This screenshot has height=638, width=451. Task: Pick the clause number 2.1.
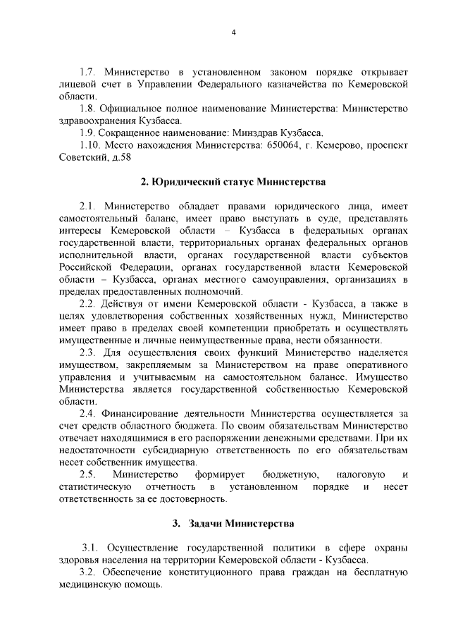[x=87, y=206]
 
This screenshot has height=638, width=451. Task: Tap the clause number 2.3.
[x=87, y=352]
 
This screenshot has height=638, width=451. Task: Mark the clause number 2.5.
[x=87, y=475]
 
